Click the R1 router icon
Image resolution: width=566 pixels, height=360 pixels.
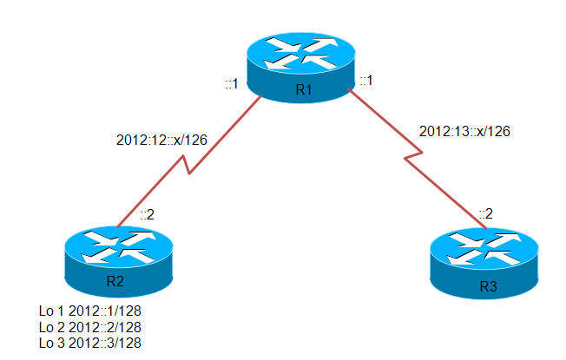pyautogui.click(x=301, y=68)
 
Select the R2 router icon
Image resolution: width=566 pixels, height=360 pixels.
pyautogui.click(x=119, y=261)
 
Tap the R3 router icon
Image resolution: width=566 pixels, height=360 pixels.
pyautogui.click(x=484, y=264)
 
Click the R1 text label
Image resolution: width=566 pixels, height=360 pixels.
pyautogui.click(x=304, y=89)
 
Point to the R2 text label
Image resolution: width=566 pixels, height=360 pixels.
pyautogui.click(x=115, y=281)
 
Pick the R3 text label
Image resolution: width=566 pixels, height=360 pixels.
pyautogui.click(x=489, y=286)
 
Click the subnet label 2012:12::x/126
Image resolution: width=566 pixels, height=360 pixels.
pyautogui.click(x=161, y=140)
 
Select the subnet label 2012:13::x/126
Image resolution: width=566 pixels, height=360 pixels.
pyautogui.click(x=464, y=131)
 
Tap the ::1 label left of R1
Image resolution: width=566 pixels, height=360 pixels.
pyautogui.click(x=232, y=83)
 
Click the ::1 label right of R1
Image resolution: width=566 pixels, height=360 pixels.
pyautogui.click(x=366, y=80)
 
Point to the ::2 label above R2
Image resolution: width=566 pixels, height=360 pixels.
pyautogui.click(x=148, y=214)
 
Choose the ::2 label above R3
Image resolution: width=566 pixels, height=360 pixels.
pyautogui.click(x=486, y=214)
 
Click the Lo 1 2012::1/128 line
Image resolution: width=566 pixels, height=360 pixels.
pyautogui.click(x=90, y=311)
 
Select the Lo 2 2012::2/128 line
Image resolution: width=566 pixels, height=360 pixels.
pyautogui.click(x=90, y=327)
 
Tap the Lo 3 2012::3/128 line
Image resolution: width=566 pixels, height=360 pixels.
pyautogui.click(x=90, y=343)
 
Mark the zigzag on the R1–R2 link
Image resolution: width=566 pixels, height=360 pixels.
pyautogui.click(x=187, y=165)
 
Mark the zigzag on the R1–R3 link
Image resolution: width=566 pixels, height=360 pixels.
pyautogui.click(x=413, y=155)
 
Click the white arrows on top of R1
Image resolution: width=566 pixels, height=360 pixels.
pyautogui.click(x=301, y=53)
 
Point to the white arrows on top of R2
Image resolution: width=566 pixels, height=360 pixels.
pyautogui.click(x=119, y=246)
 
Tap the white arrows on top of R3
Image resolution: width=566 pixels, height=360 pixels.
pyautogui.click(x=484, y=249)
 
